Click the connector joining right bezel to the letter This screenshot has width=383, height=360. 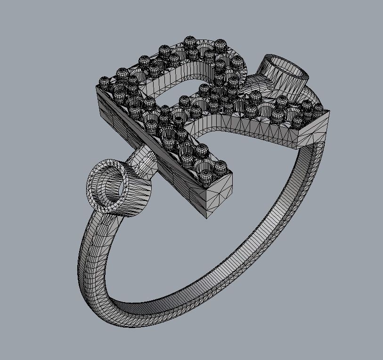(x=258, y=85)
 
